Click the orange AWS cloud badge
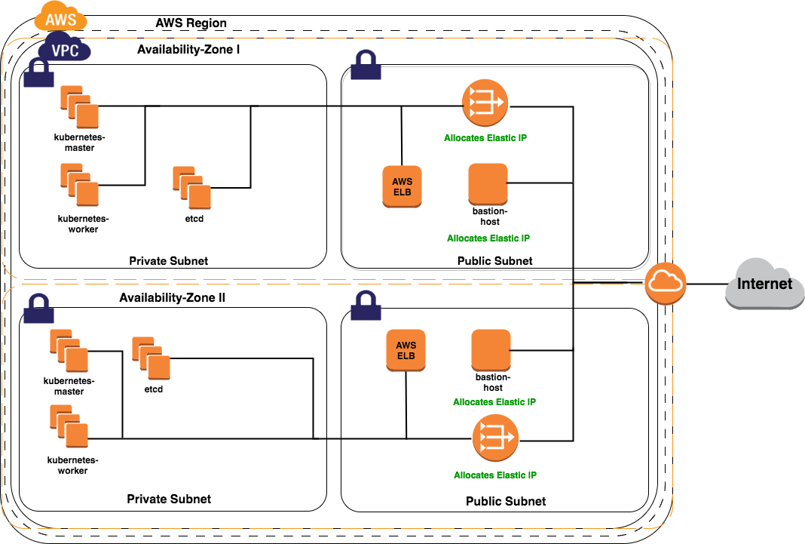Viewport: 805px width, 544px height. pyautogui.click(x=60, y=18)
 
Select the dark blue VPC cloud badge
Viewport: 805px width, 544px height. pyautogui.click(x=65, y=50)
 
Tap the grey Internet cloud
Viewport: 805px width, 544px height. pyautogui.click(x=764, y=284)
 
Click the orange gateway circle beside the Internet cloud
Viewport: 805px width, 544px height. pyautogui.click(x=665, y=284)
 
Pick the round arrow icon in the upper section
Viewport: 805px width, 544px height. pyautogui.click(x=485, y=102)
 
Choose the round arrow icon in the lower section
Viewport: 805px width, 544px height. pyautogui.click(x=495, y=438)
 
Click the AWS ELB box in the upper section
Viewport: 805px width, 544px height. pyautogui.click(x=402, y=186)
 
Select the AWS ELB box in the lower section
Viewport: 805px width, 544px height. pyautogui.click(x=406, y=350)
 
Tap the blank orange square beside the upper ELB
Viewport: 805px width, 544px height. pyautogui.click(x=488, y=184)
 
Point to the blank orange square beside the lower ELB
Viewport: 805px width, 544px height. pyautogui.click(x=491, y=350)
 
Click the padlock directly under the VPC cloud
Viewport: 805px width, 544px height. pyautogui.click(x=38, y=73)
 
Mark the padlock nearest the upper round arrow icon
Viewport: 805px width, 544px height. pyautogui.click(x=366, y=66)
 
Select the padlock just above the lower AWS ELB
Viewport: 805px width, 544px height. pyautogui.click(x=366, y=306)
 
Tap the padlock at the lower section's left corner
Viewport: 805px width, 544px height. pyautogui.click(x=38, y=309)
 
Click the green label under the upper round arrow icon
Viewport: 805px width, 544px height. pyautogui.click(x=485, y=138)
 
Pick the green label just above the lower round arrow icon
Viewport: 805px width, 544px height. pyautogui.click(x=494, y=402)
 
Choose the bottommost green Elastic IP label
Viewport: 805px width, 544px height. pyautogui.click(x=494, y=475)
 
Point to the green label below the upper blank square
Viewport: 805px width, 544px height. pyautogui.click(x=488, y=238)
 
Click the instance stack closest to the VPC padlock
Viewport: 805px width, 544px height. pyautogui.click(x=80, y=106)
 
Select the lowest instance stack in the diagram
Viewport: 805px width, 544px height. pyautogui.click(x=69, y=427)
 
